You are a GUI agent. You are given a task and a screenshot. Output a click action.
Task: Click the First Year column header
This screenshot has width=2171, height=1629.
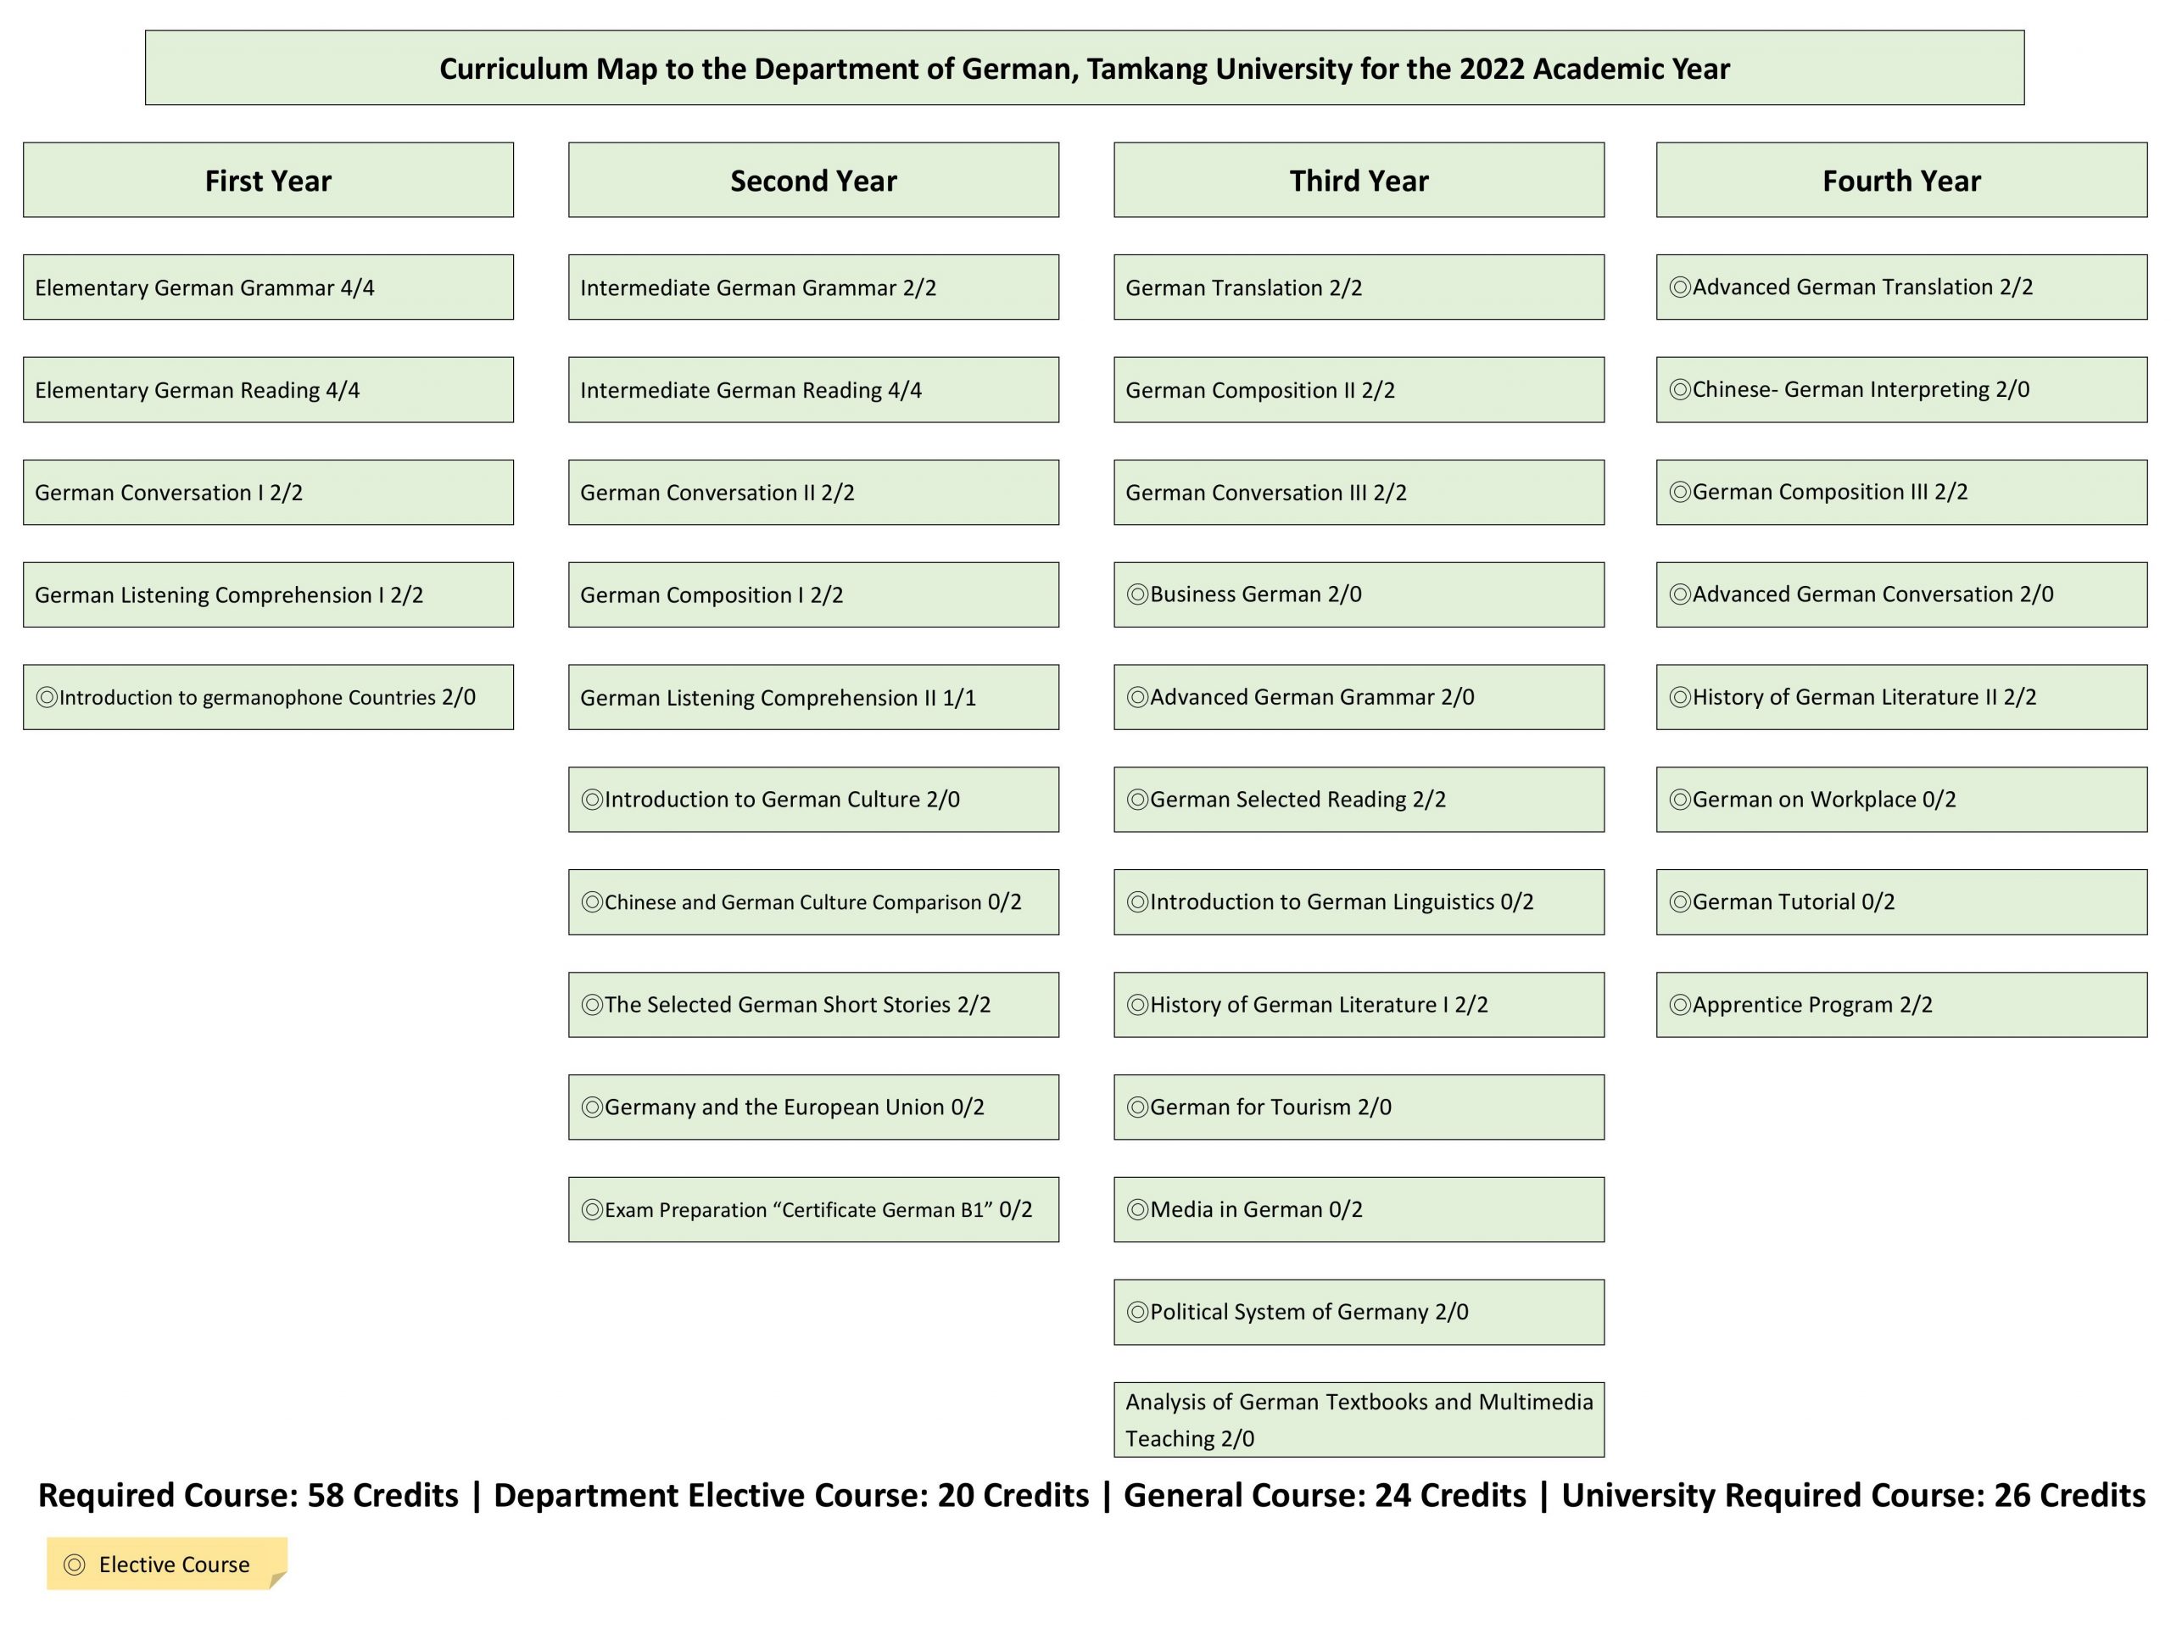coord(268,181)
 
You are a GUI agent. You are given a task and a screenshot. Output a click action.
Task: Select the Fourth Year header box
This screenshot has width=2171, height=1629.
coord(1901,181)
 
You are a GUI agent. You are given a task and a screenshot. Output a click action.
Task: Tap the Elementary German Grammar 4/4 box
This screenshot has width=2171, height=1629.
coord(268,287)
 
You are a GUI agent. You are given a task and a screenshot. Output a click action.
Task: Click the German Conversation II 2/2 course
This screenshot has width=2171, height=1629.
coord(812,493)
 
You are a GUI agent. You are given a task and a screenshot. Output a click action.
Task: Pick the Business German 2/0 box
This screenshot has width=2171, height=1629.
coord(1359,594)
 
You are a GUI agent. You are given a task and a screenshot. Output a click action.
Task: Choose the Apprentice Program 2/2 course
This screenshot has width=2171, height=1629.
coord(1901,1005)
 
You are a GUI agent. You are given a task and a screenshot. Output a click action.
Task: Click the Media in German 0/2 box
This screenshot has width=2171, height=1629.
coord(1359,1210)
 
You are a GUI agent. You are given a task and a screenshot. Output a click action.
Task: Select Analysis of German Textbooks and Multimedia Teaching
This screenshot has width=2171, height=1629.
coord(1359,1420)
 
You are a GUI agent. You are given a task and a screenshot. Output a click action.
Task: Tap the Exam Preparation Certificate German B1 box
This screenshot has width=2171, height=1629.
coord(812,1210)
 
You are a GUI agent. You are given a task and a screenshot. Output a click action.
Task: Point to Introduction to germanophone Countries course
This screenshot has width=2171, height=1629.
coord(268,698)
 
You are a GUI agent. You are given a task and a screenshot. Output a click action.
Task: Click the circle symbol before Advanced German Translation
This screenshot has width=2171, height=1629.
coord(1679,287)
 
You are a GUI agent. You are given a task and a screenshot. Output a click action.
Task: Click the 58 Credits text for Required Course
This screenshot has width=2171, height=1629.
coord(382,1496)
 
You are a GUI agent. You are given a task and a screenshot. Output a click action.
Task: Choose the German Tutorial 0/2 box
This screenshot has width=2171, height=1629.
coord(1901,901)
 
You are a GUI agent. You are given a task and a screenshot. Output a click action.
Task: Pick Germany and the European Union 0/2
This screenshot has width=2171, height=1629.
coord(812,1107)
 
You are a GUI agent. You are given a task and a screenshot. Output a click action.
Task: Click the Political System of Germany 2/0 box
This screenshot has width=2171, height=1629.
coord(1359,1312)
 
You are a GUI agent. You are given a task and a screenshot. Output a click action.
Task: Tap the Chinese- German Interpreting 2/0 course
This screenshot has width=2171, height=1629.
coord(1901,389)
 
